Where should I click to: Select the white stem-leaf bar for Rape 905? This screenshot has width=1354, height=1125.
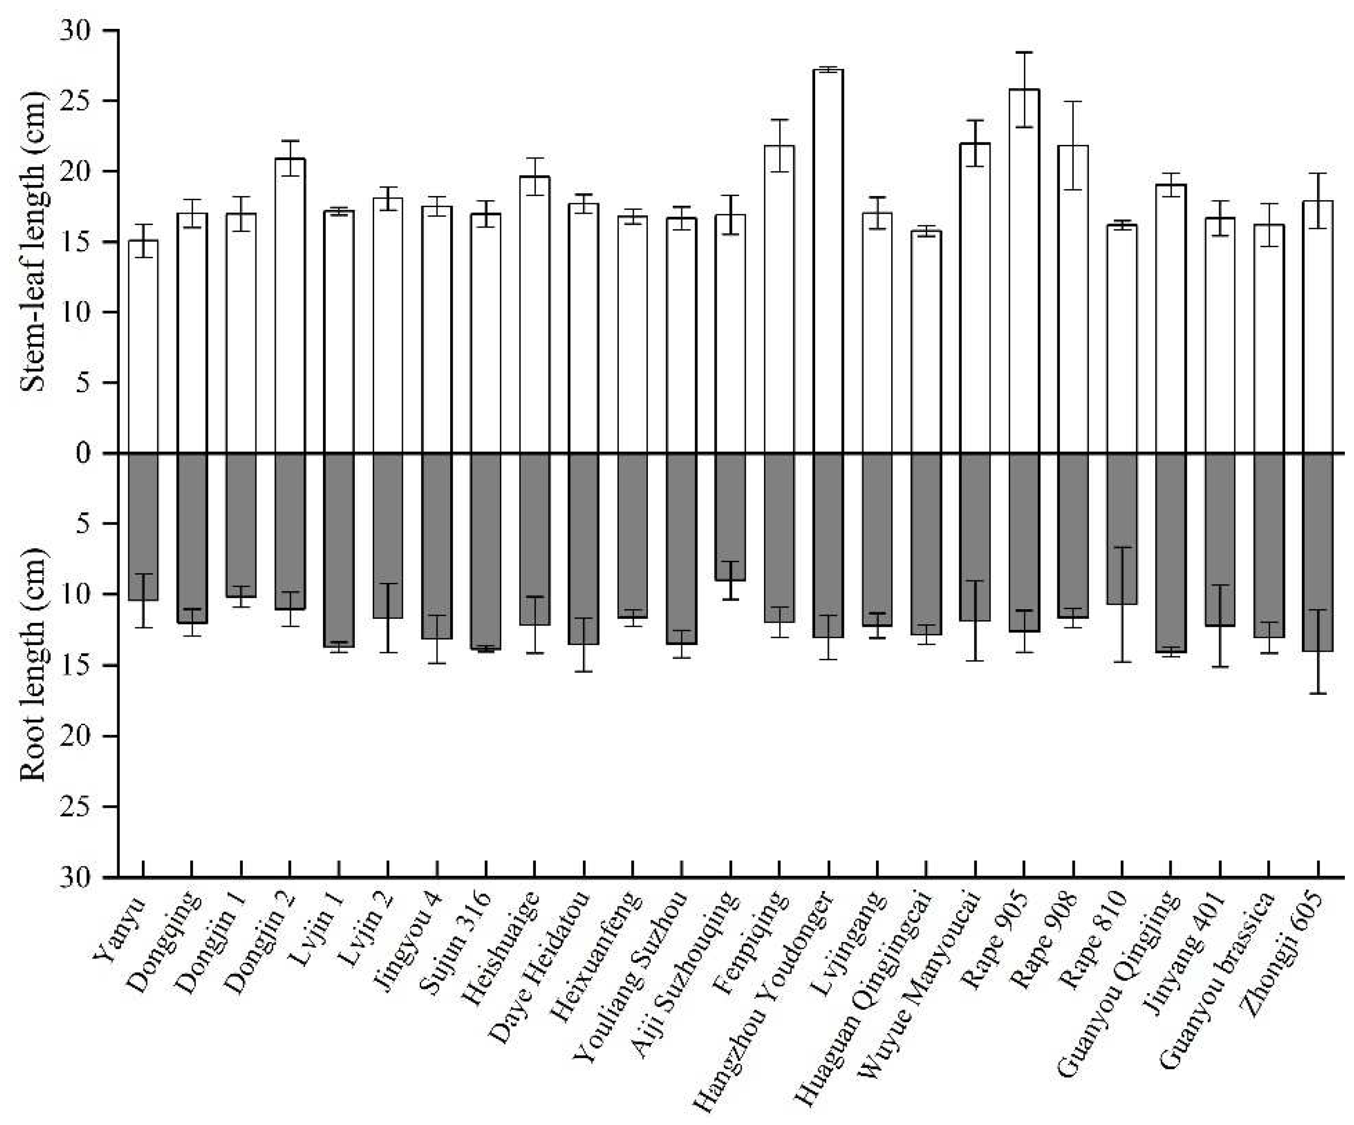[1024, 271]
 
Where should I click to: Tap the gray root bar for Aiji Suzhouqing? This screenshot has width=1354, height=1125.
[730, 516]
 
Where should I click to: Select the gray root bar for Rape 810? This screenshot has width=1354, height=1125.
[1122, 529]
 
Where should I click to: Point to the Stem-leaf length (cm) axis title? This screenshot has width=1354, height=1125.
[33, 242]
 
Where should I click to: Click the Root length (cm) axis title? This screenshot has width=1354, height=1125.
[33, 664]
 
